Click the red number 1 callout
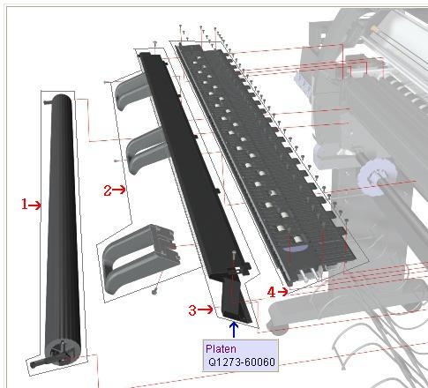[x=25, y=204]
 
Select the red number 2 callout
[x=108, y=190]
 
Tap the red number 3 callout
[x=192, y=310]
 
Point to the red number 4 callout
[x=271, y=292]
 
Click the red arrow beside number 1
[x=35, y=205]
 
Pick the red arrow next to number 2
[x=119, y=190]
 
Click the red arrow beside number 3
[x=205, y=310]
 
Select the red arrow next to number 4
[x=282, y=292]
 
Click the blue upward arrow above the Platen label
[x=234, y=330]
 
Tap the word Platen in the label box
[x=221, y=349]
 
